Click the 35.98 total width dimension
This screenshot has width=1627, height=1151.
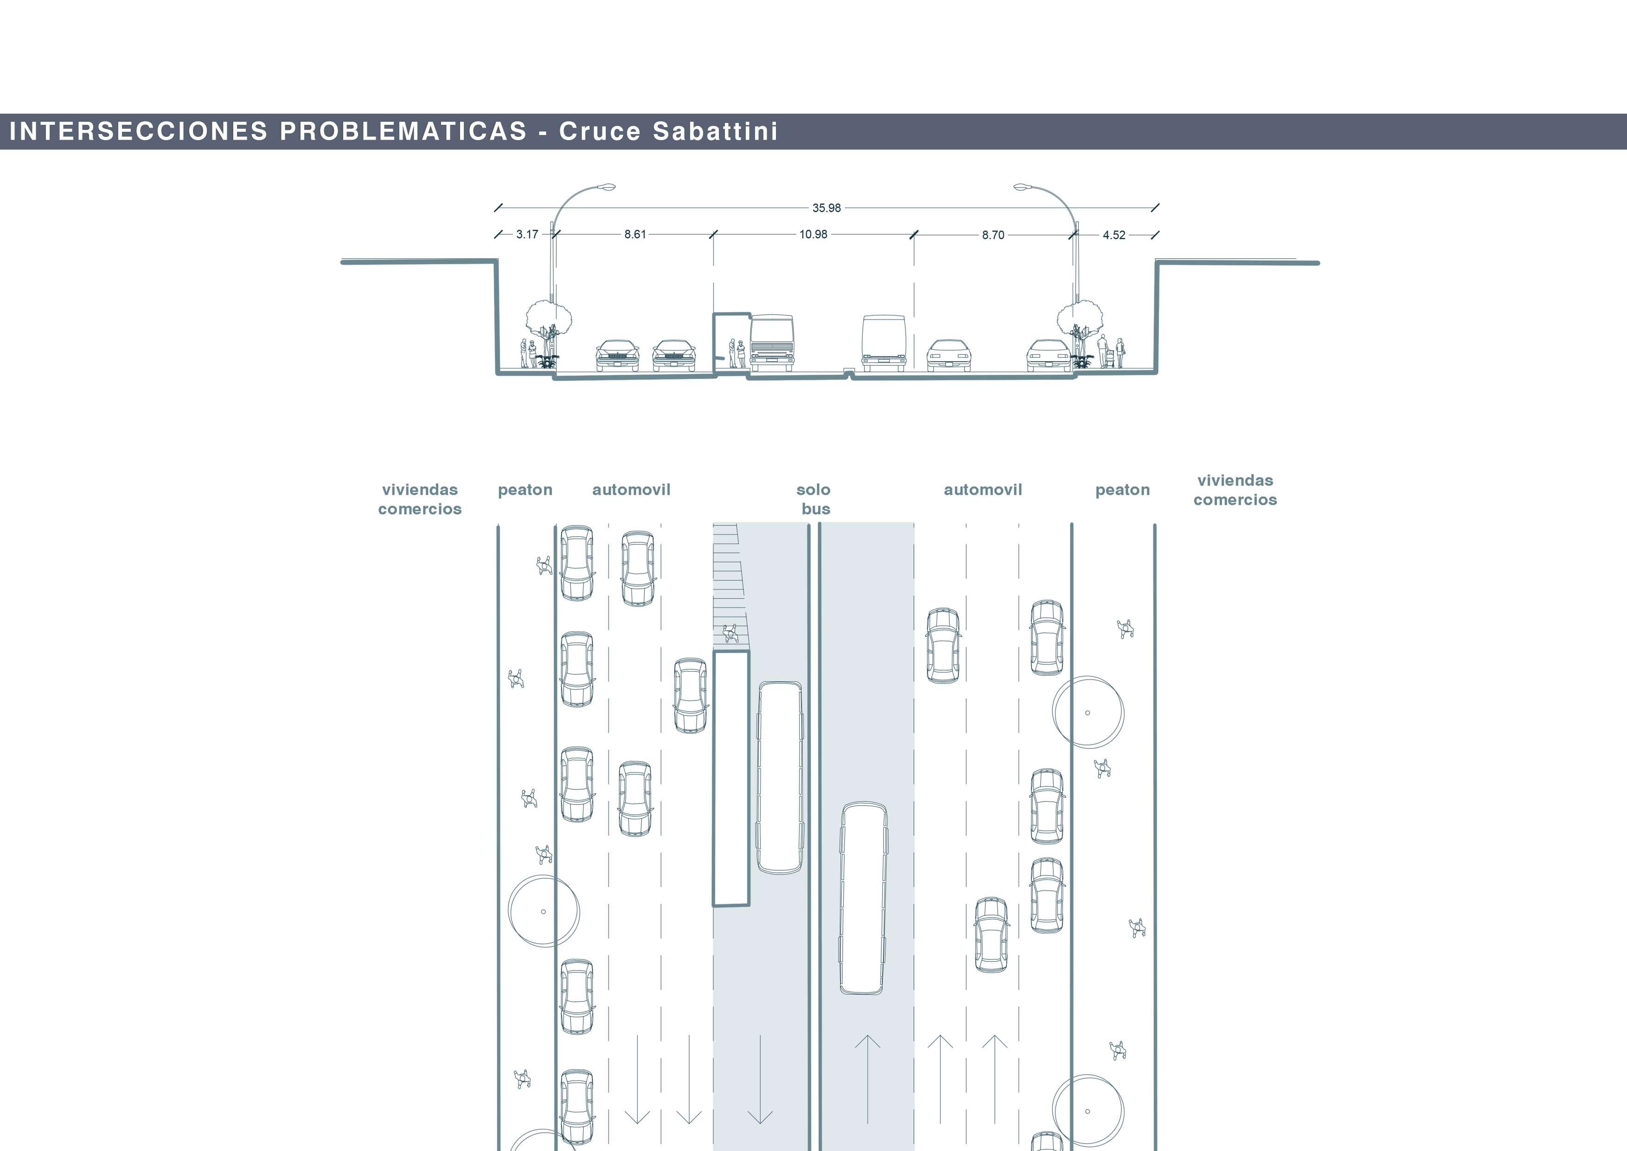tap(826, 208)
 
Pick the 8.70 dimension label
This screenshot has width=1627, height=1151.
tap(993, 235)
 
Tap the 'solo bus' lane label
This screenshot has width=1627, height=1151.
tap(814, 499)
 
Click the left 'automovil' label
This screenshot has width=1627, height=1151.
tap(631, 490)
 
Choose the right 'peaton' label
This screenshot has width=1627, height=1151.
tap(1122, 490)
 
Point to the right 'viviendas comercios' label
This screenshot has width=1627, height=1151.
tap(1235, 490)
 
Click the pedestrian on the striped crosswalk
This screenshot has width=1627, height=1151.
tap(730, 633)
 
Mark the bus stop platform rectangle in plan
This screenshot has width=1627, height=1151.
tap(730, 778)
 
